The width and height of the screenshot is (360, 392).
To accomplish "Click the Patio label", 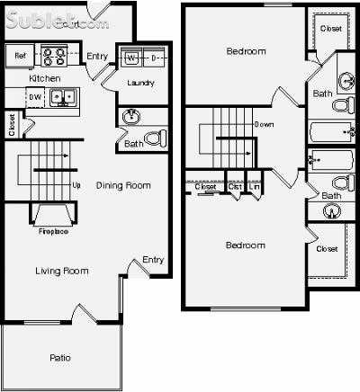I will tap(59, 359).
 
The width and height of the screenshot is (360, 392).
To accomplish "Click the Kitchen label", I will tap(19, 78).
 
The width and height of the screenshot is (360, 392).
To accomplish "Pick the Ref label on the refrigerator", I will tap(20, 57).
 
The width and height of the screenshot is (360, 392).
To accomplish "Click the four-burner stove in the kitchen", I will tap(54, 57).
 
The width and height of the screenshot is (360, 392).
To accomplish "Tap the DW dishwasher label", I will tap(35, 96).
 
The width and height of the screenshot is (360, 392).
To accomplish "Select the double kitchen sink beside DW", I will tap(61, 96).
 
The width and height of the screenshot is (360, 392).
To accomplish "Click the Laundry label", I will tap(140, 84).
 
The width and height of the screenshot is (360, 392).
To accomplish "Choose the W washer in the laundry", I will tap(131, 59).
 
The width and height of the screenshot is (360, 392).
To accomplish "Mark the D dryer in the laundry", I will tap(152, 59).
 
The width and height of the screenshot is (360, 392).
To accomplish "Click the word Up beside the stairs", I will tap(76, 187).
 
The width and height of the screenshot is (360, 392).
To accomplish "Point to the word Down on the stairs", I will tap(264, 124).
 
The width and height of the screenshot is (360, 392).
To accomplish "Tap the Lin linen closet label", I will tap(254, 187).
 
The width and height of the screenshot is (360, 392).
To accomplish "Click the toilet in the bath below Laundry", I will tap(155, 139).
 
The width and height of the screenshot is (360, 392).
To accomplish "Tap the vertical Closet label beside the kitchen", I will tap(11, 124).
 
